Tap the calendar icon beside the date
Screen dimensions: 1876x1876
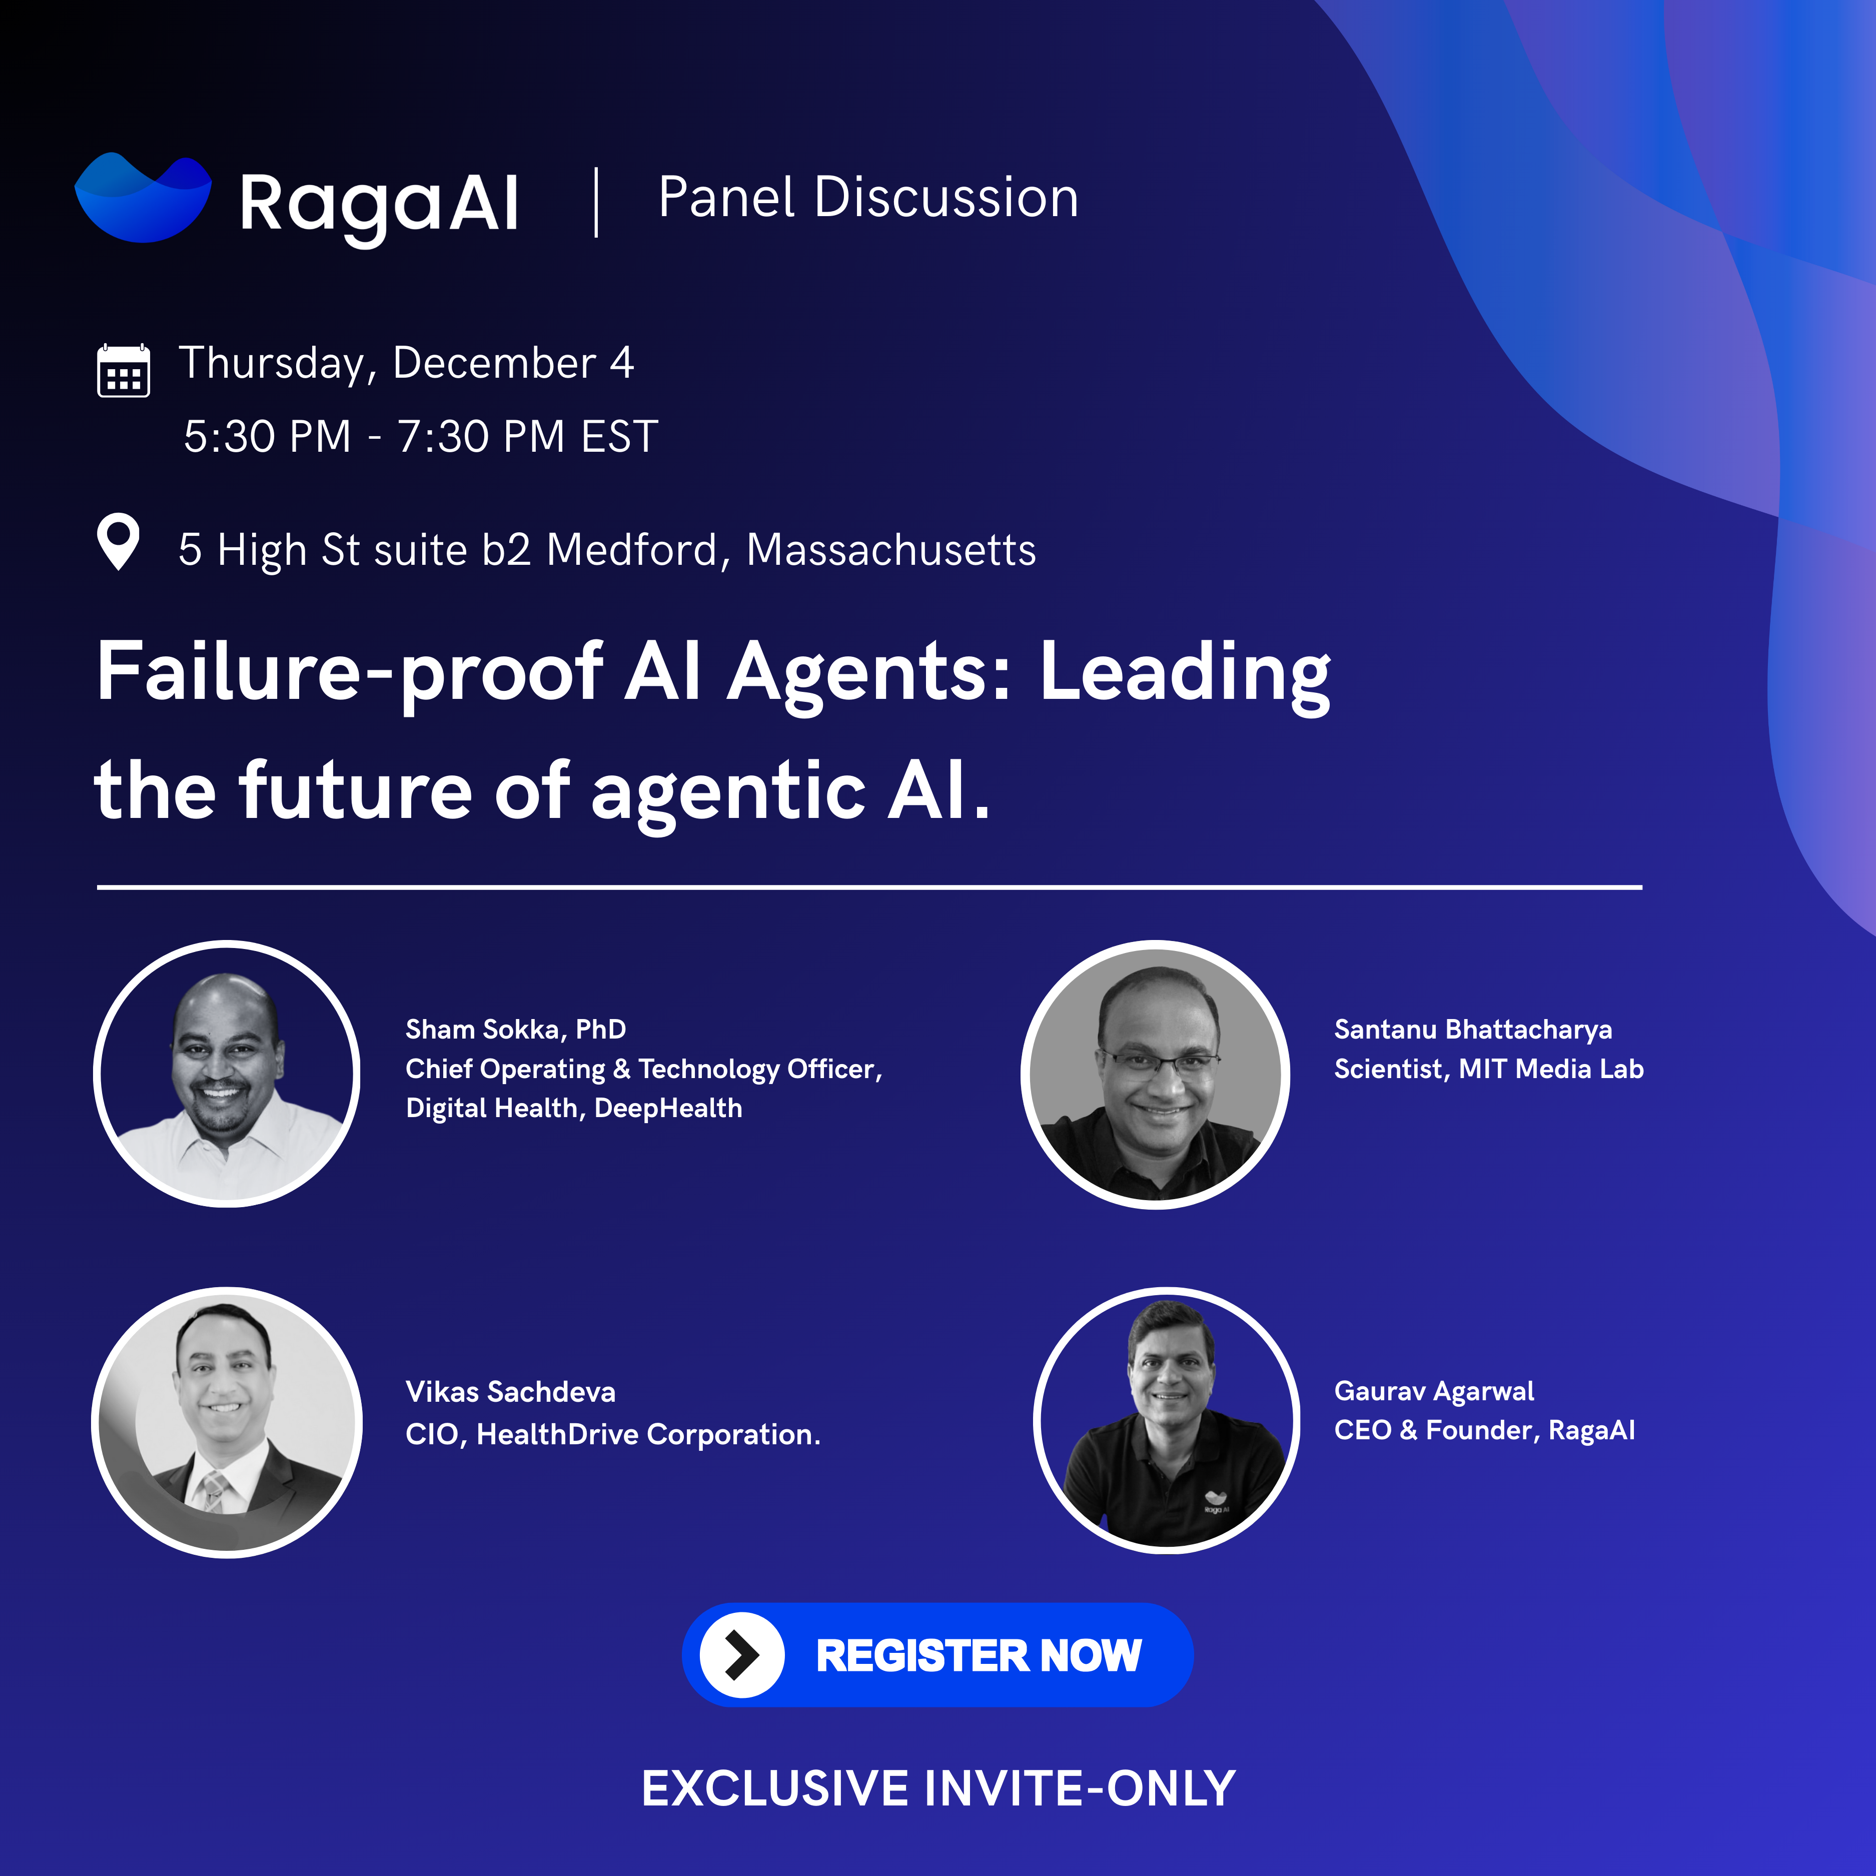point(124,370)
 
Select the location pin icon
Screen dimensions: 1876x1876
point(119,541)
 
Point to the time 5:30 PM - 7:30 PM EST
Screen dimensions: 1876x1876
point(420,437)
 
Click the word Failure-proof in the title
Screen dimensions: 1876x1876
point(350,673)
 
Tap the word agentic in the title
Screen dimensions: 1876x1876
point(728,792)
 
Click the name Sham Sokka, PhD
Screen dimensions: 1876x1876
point(516,1029)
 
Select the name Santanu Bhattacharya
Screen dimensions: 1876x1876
point(1473,1029)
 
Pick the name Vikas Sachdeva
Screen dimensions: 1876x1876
point(511,1391)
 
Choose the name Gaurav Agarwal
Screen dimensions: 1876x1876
point(1434,1391)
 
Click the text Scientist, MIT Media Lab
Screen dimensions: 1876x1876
point(1489,1069)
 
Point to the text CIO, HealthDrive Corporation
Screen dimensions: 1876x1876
point(613,1434)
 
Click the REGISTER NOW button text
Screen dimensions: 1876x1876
point(979,1655)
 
